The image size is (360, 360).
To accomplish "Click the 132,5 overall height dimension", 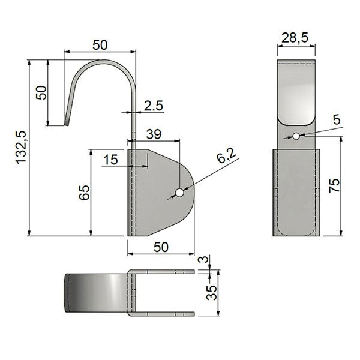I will click(x=22, y=146).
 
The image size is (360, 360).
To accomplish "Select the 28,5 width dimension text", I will click(x=295, y=38).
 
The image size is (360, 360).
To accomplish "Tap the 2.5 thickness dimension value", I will click(x=154, y=106).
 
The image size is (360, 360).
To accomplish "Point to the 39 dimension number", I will click(x=154, y=135).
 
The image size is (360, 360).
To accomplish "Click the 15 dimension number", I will click(x=110, y=159).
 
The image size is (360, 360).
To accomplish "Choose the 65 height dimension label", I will click(x=84, y=193).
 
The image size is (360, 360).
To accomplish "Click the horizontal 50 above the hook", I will click(x=100, y=44).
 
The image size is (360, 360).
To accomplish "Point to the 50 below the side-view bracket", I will click(x=161, y=247).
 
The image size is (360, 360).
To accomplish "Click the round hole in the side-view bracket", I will click(x=178, y=193).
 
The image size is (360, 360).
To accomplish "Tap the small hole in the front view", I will click(x=295, y=136).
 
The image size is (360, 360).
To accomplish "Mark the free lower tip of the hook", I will click(x=67, y=124).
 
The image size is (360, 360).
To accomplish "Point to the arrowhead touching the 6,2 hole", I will click(x=184, y=190).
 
